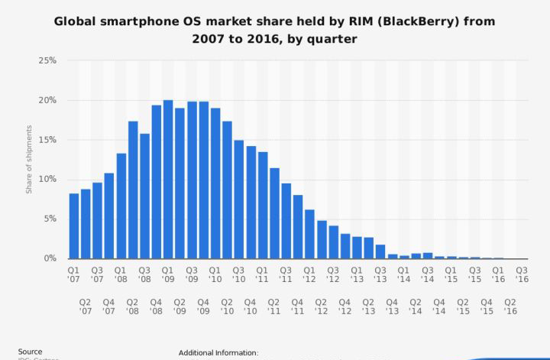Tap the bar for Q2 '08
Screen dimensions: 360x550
(133, 190)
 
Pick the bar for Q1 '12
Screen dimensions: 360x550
(309, 234)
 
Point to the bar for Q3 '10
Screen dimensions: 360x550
(238, 199)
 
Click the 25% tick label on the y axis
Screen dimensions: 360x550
(47, 60)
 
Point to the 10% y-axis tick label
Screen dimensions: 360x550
(47, 179)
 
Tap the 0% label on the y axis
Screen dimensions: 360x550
(50, 258)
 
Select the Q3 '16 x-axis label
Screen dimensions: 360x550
(521, 274)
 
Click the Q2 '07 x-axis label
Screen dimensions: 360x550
(86, 306)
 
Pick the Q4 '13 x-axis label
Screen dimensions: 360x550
(392, 306)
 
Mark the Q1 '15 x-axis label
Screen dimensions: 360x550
(451, 274)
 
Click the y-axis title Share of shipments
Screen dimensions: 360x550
(29, 158)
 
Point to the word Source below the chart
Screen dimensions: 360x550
(31, 352)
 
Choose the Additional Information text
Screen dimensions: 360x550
(218, 352)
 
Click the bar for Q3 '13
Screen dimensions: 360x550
(380, 251)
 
